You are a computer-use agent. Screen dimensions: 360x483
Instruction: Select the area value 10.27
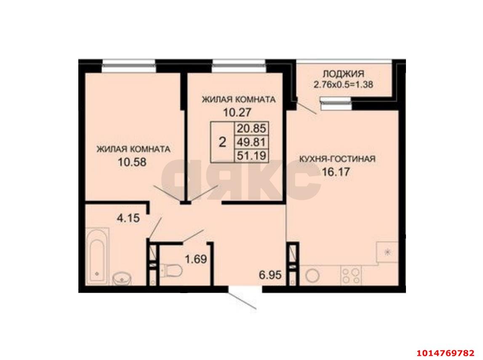pyautogui.click(x=239, y=112)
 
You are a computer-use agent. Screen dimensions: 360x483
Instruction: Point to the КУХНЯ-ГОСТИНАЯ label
pyautogui.click(x=337, y=159)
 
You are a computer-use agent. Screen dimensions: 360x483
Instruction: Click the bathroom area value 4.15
pyautogui.click(x=128, y=218)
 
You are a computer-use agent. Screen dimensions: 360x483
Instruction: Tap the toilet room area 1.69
pyautogui.click(x=196, y=259)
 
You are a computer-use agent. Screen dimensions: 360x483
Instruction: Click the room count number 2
pyautogui.click(x=222, y=142)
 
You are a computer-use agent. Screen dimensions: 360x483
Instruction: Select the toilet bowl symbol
pyautogui.click(x=171, y=269)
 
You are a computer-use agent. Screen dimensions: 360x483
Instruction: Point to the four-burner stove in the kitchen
pyautogui.click(x=352, y=275)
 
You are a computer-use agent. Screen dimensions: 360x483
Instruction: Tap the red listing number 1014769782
pyautogui.click(x=445, y=352)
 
